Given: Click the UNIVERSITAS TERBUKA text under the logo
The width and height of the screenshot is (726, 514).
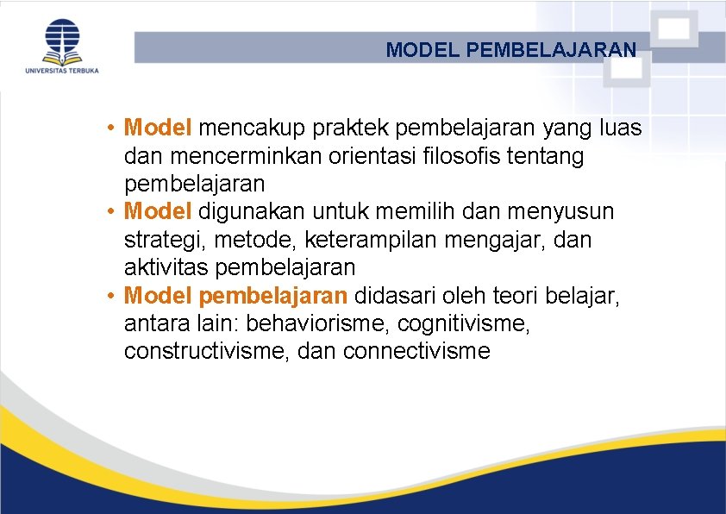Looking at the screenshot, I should point(62,70).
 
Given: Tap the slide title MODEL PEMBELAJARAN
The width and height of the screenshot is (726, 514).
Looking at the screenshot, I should point(511,50).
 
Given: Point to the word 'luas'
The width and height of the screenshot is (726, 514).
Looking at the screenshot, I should point(623,128).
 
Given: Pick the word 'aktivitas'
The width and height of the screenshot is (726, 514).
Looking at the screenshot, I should point(166,266).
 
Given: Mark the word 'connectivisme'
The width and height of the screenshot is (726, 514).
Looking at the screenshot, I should point(416,351).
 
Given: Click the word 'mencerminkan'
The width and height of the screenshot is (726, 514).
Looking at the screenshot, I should point(223,156).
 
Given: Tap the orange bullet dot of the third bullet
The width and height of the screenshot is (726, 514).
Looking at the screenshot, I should point(112,296).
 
